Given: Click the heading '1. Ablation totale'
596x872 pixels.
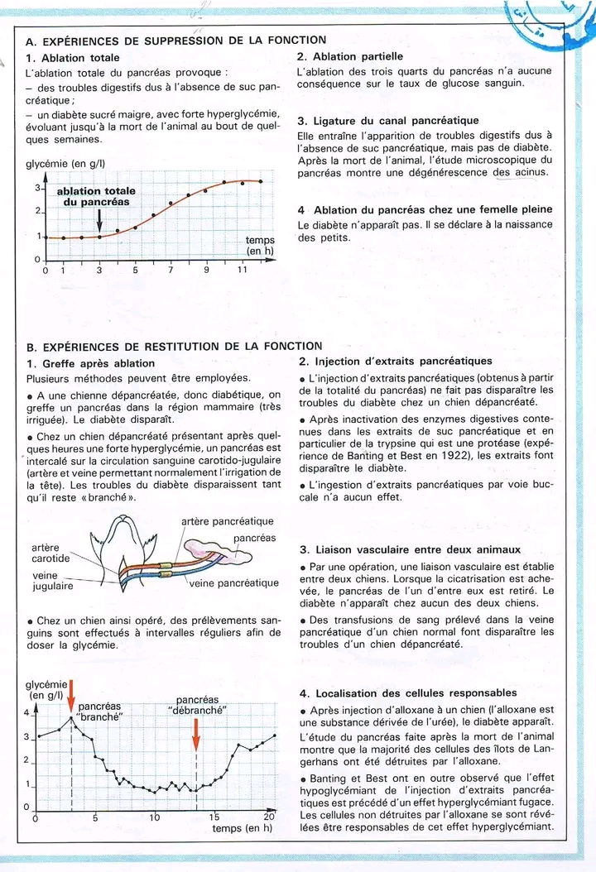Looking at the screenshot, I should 73,58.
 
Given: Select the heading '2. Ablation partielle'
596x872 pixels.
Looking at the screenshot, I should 349,56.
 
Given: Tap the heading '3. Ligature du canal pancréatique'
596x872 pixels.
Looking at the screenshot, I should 387,121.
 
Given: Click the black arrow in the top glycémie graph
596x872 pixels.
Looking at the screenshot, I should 99,220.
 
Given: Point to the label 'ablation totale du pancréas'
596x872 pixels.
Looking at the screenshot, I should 96,197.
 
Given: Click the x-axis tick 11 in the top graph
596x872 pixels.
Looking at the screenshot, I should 243,270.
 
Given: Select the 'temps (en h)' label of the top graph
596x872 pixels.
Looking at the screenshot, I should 260,246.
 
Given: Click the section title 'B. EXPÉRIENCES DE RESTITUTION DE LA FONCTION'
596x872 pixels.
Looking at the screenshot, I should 174,347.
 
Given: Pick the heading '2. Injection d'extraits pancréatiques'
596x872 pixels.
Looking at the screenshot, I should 395,361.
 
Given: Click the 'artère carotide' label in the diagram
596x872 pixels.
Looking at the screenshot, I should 50,553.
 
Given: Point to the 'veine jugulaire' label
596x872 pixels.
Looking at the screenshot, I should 52,580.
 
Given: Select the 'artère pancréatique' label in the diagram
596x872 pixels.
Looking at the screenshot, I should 227,521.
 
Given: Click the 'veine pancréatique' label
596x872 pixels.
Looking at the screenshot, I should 234,582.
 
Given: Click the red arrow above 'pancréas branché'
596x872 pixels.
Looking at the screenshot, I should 71,696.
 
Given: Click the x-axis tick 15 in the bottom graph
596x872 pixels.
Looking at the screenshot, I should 214,817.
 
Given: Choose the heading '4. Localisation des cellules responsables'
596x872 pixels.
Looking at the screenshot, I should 406,692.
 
